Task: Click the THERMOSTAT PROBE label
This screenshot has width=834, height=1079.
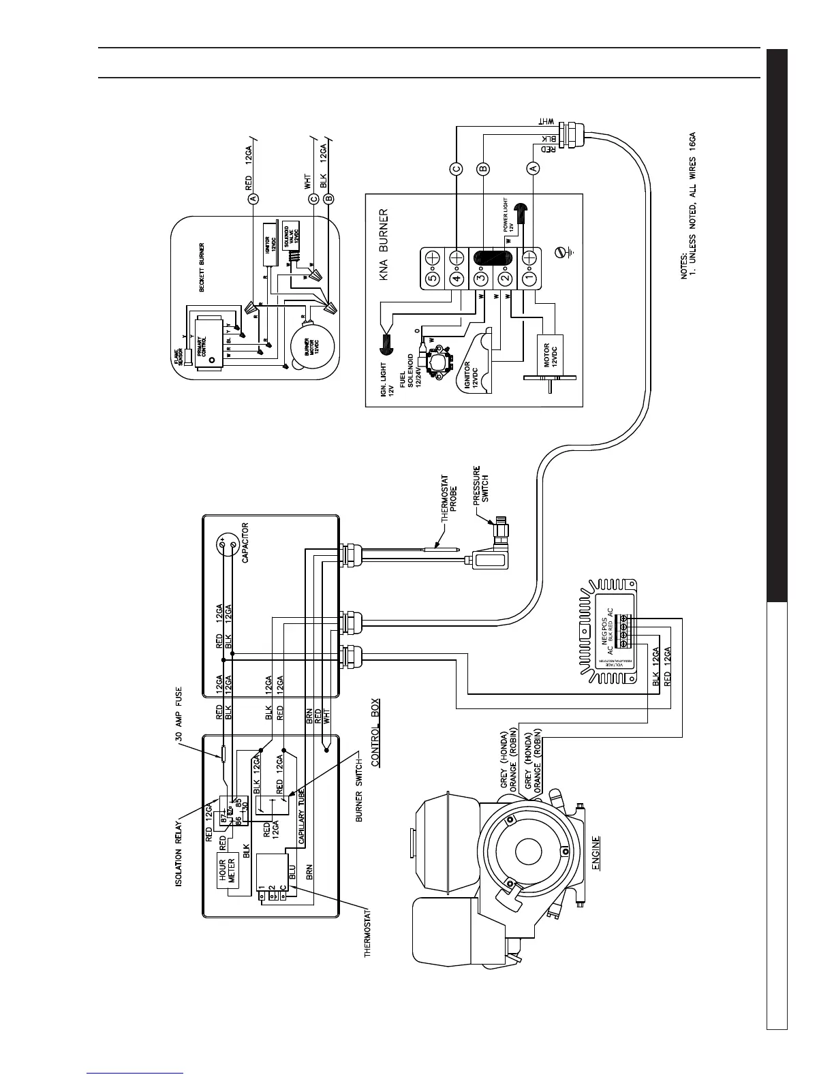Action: [449, 498]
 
